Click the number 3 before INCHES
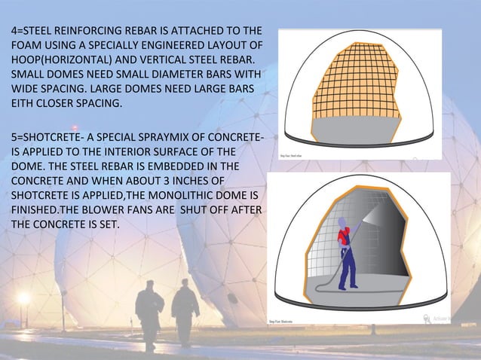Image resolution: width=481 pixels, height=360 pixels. pyautogui.click(x=155, y=181)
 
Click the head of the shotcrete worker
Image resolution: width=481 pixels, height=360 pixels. pyautogui.click(x=345, y=224)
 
